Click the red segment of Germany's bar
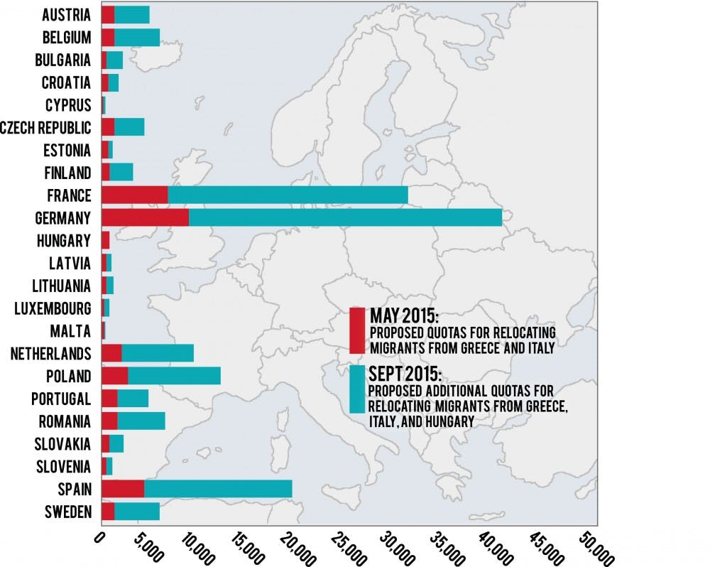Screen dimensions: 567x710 (x=145, y=217)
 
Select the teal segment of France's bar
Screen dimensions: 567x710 (x=288, y=195)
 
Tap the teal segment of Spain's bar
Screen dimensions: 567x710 (x=218, y=488)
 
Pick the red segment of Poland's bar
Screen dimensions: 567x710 (x=114, y=376)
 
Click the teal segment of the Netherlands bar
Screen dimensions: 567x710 (x=157, y=353)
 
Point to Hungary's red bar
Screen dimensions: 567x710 (x=105, y=240)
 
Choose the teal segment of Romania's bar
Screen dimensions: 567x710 (x=141, y=421)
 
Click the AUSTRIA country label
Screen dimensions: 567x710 (x=66, y=14)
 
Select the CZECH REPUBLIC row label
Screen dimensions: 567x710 (x=47, y=128)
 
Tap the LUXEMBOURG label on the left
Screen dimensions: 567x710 (x=53, y=308)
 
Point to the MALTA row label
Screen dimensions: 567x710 (x=70, y=331)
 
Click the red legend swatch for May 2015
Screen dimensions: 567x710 (x=357, y=330)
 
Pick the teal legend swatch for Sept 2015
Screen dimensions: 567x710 (x=357, y=389)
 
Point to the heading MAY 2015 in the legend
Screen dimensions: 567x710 (x=399, y=315)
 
